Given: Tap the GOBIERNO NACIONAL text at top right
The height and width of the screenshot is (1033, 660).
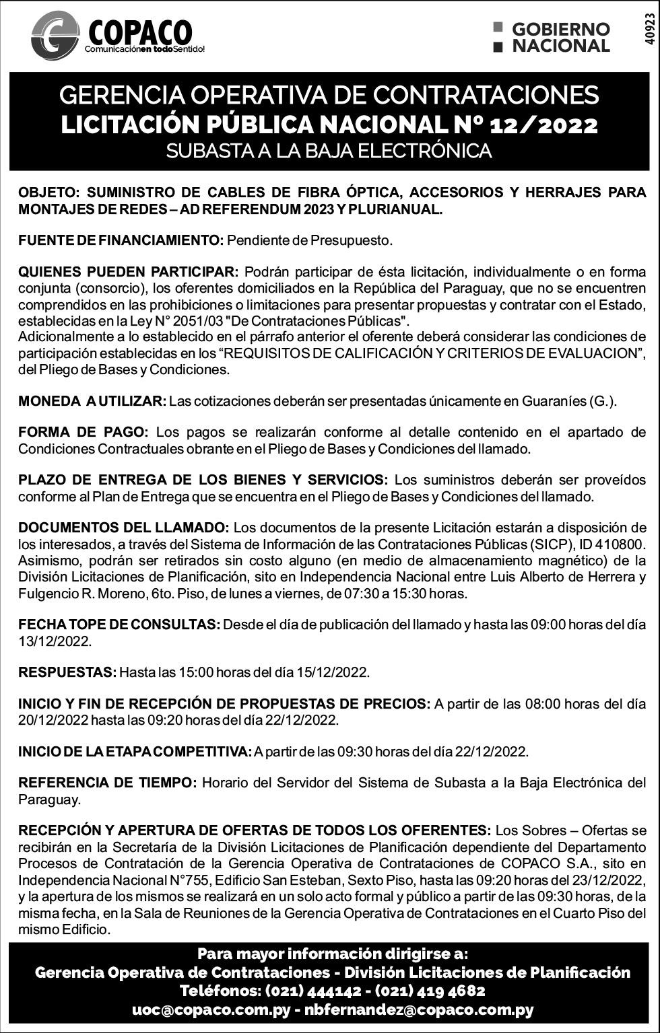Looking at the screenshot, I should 560,38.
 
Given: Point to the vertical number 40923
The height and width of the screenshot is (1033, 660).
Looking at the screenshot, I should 649,28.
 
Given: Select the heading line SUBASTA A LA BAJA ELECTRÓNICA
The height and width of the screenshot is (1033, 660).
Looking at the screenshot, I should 329,151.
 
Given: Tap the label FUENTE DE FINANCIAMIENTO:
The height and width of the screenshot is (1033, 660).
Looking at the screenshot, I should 121,240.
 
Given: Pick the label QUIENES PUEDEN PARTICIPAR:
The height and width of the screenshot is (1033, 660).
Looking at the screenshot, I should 128,272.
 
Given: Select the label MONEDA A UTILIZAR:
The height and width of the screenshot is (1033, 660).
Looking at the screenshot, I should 92,401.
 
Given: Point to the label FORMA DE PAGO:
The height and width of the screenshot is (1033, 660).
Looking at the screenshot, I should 83,432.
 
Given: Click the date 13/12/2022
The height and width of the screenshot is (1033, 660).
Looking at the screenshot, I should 55,641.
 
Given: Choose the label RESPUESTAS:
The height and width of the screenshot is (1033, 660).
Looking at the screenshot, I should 67,672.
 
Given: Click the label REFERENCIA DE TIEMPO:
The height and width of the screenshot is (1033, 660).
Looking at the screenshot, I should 107,783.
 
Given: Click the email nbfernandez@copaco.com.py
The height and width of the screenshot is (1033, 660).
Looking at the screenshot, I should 419,1010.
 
